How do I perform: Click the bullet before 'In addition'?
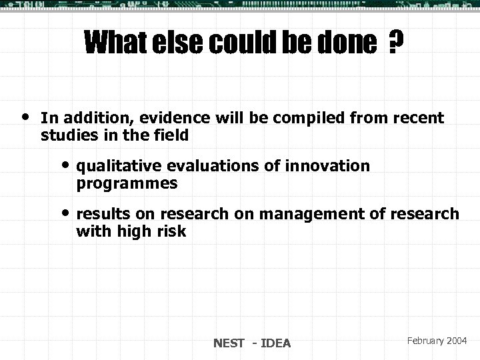25,116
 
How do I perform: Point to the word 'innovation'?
331,166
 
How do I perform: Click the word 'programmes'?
127,182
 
